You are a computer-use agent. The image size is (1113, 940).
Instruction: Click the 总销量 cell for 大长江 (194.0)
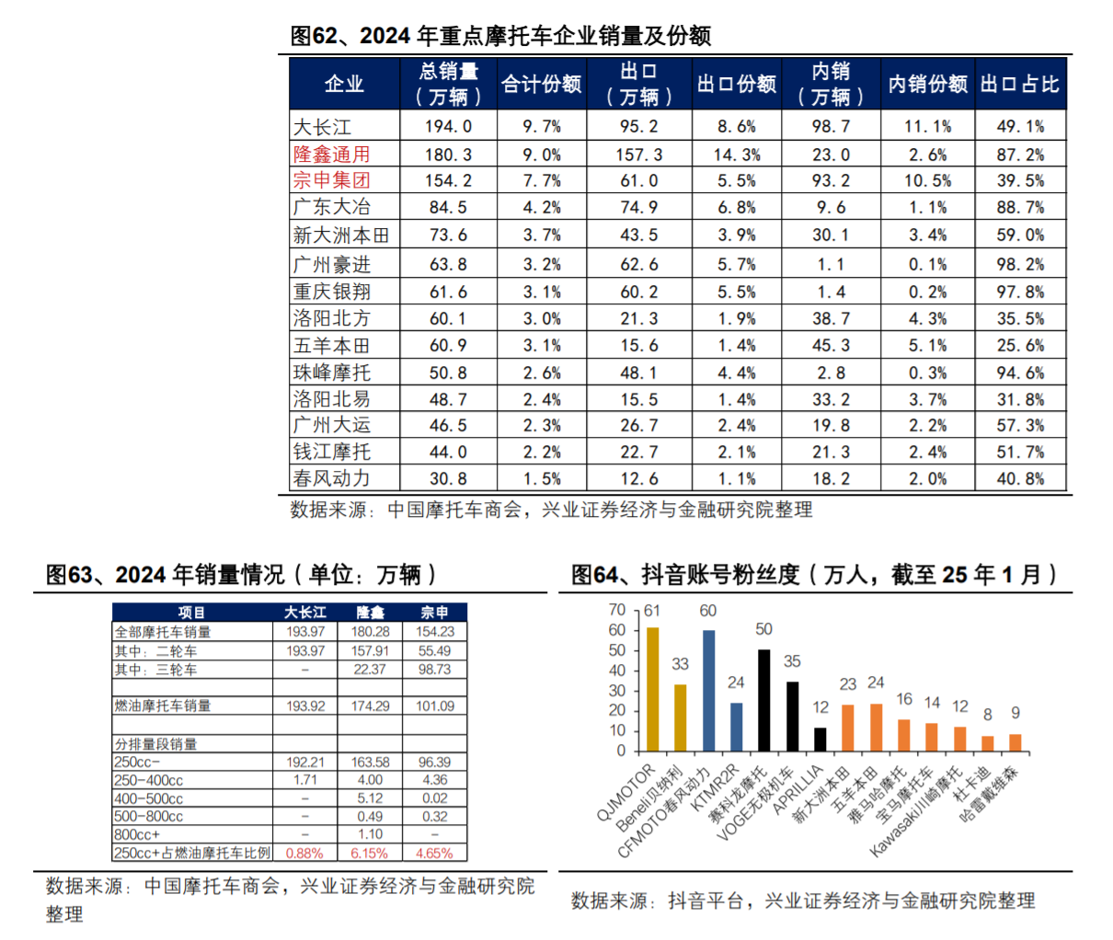point(448,127)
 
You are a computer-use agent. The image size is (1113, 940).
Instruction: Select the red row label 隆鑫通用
point(331,155)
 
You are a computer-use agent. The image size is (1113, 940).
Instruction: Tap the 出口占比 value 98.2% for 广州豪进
point(1020,265)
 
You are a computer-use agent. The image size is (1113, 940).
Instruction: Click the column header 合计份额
point(541,85)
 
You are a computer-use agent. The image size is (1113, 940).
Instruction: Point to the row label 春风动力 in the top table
point(331,479)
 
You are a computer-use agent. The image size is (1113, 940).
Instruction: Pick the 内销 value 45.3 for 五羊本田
point(831,346)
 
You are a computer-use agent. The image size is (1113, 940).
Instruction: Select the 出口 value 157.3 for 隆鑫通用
point(638,155)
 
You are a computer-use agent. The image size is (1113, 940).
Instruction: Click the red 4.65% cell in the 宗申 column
point(434,854)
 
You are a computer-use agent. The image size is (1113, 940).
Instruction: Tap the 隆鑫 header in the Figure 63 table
point(370,613)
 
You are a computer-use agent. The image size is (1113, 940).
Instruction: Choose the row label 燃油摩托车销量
point(163,706)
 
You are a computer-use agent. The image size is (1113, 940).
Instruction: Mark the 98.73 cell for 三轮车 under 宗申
point(434,670)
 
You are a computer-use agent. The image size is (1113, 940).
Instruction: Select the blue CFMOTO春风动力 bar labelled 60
point(708,691)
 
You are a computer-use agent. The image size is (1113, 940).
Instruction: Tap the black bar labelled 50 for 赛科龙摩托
point(764,701)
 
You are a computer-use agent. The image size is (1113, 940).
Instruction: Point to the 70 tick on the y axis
point(616,610)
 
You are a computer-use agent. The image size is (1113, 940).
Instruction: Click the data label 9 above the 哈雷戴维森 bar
point(1015,713)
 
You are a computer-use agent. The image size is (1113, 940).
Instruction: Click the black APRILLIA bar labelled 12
point(820,739)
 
